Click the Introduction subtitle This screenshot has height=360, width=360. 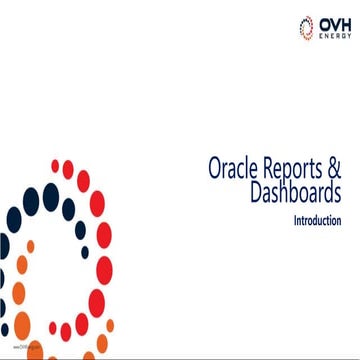[x=317, y=219]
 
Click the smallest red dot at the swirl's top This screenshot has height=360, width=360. [x=56, y=165]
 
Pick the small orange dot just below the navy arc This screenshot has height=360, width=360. [x=30, y=246]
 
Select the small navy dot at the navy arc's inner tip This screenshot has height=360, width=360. [x=85, y=252]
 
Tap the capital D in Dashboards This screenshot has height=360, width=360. [x=257, y=192]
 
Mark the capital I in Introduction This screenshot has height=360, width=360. [x=294, y=219]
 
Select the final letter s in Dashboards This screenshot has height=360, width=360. [x=338, y=193]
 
